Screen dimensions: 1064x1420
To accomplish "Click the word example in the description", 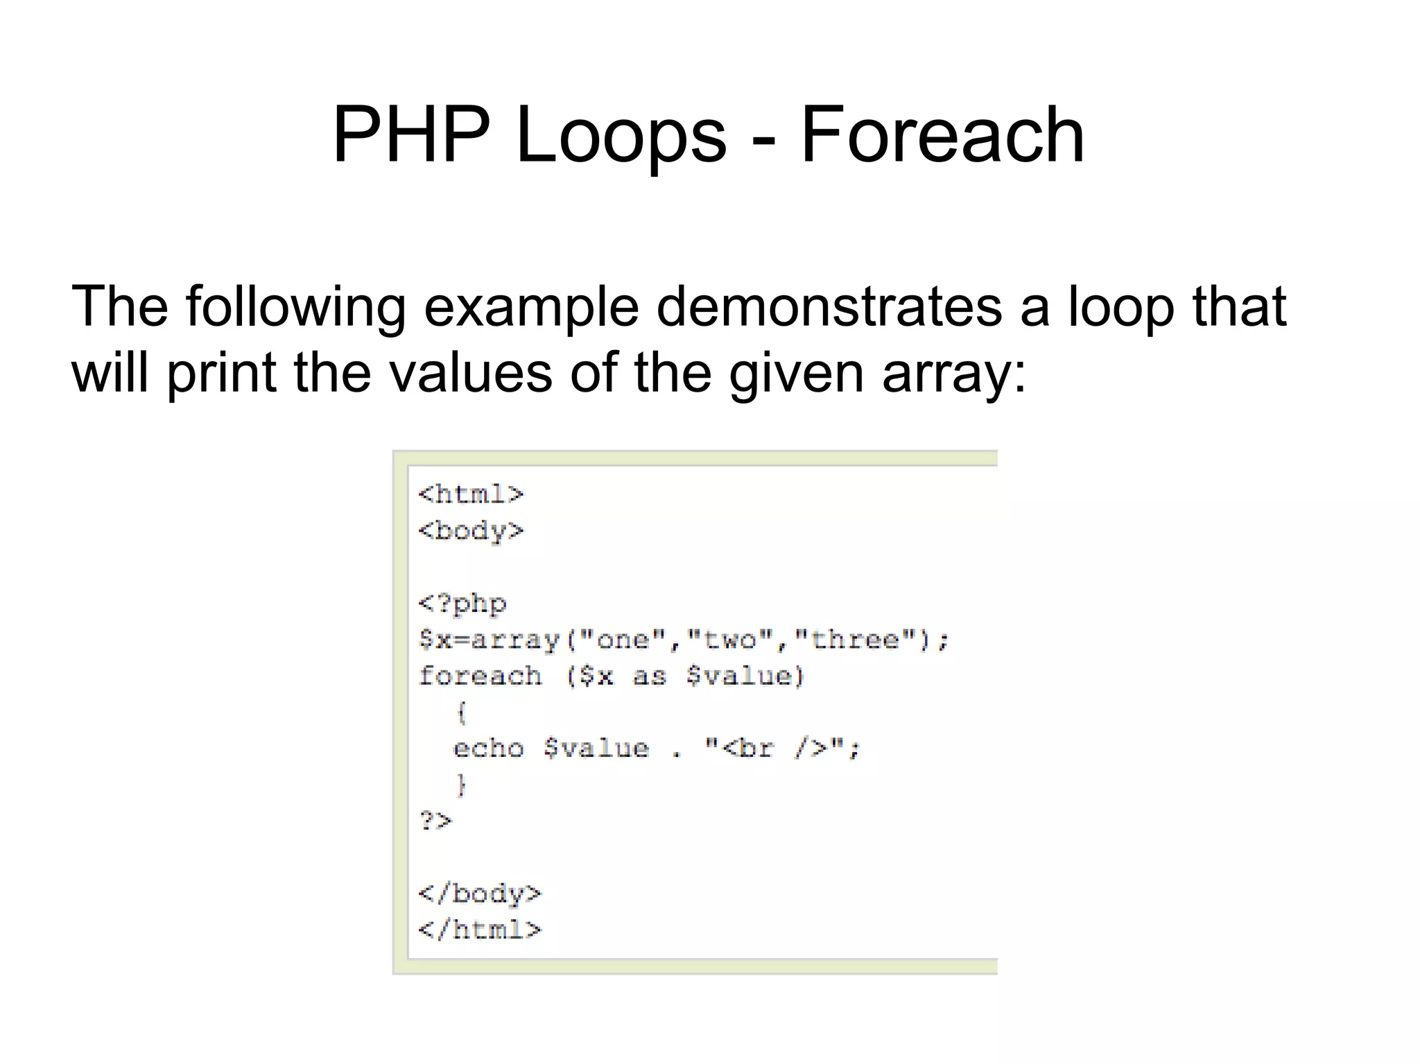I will [x=530, y=307].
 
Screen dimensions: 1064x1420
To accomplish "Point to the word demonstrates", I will [x=829, y=307].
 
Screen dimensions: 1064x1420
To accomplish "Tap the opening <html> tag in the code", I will [x=471, y=494].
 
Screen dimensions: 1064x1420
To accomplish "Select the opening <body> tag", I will [x=471, y=531].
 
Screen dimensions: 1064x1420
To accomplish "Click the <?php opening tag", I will [x=462, y=603].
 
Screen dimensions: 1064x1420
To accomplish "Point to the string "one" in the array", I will [x=623, y=639].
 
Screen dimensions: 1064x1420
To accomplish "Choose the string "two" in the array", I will [x=730, y=639].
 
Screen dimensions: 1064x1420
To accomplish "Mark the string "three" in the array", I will [x=855, y=639].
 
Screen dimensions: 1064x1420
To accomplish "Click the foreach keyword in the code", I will [x=480, y=676].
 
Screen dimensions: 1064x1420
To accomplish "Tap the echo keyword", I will [x=489, y=749].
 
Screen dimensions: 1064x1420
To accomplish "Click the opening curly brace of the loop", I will [x=462, y=712].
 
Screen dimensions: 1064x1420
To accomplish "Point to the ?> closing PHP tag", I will [x=435, y=821].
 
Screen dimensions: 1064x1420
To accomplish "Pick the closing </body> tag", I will [x=480, y=893].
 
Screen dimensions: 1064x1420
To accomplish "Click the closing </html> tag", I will [x=480, y=930].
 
